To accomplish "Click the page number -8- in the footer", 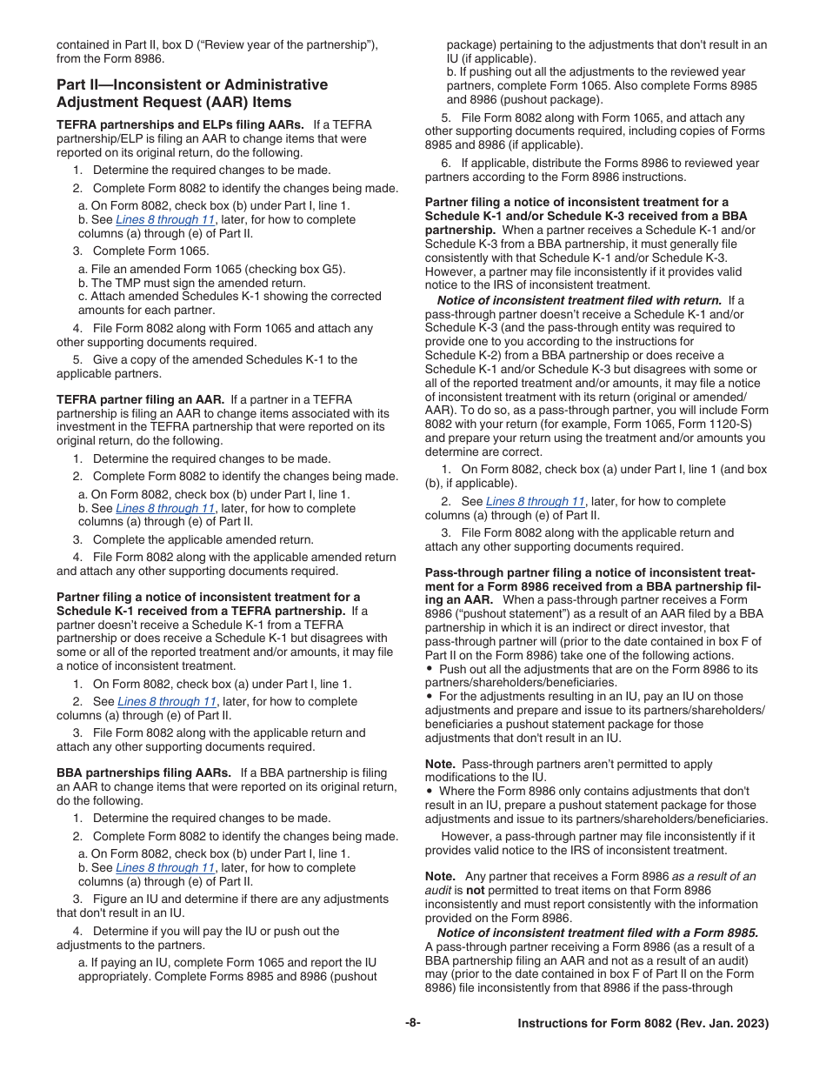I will tap(413, 1024).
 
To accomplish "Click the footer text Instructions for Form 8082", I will tap(643, 1024).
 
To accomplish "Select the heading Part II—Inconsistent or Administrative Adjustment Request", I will tap(192, 93).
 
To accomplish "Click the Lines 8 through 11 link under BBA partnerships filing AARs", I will tap(164, 867).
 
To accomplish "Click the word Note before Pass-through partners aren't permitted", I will tap(440, 764).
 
